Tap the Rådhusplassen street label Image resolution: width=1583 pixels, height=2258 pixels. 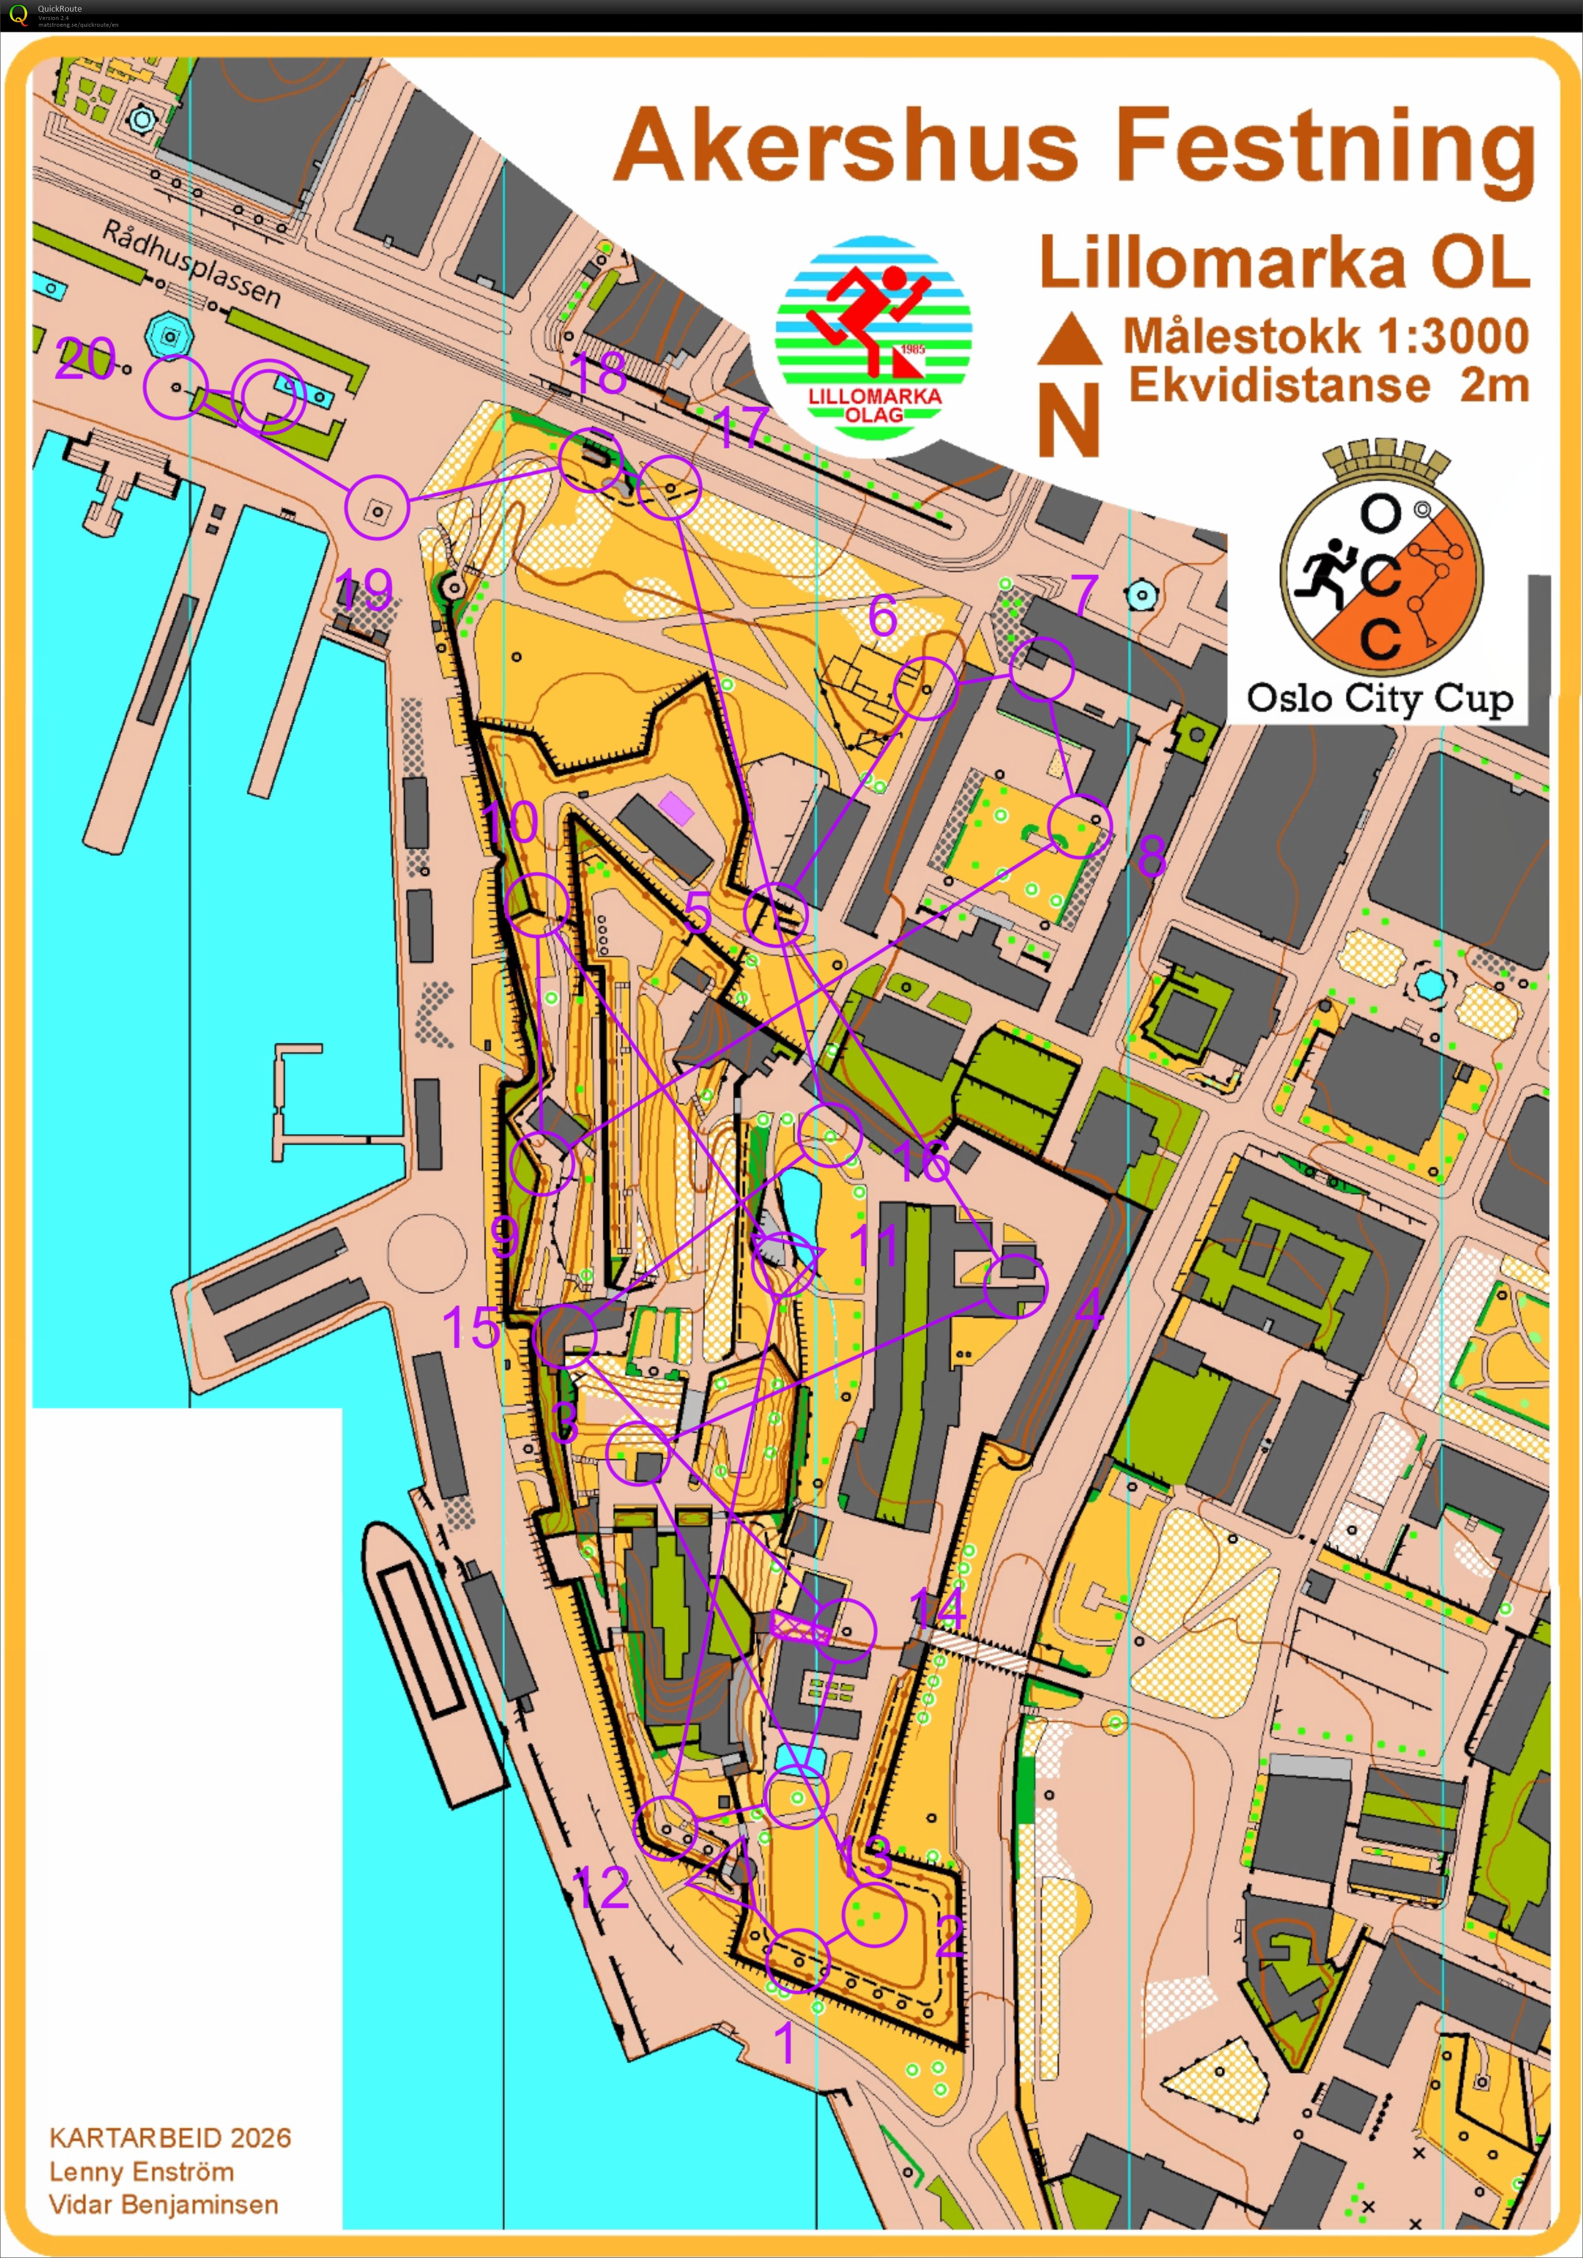[x=191, y=263]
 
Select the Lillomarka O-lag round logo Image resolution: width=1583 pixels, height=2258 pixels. [x=873, y=334]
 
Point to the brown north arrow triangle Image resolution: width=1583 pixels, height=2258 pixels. [x=1070, y=339]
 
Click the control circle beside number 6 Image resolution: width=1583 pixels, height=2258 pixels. [x=924, y=688]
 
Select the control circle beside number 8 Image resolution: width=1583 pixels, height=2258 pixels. [x=1079, y=826]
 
